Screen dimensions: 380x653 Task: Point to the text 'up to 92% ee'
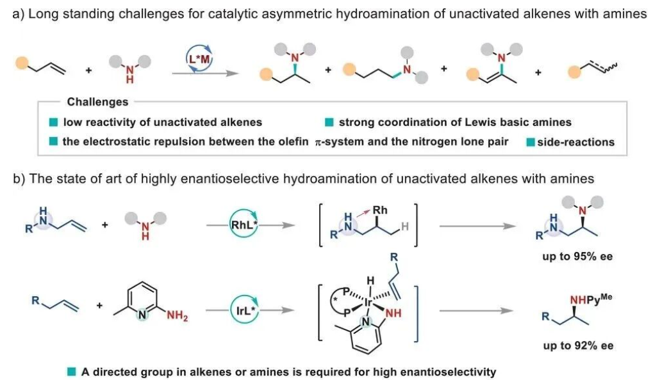click(577, 345)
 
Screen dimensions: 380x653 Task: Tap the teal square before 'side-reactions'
click(530, 141)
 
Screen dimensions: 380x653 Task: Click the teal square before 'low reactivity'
click(55, 122)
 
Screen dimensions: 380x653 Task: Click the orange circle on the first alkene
click(21, 63)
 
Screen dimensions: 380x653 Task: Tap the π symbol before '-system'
click(318, 142)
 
